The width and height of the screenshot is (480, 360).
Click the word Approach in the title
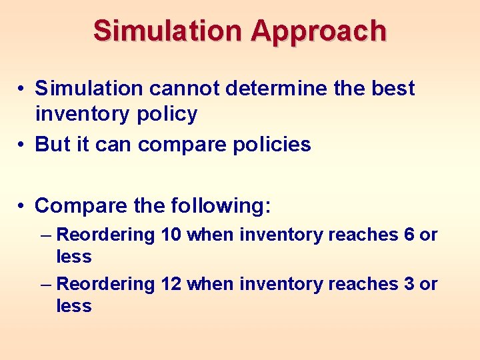(x=319, y=31)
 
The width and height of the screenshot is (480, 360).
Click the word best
(x=393, y=88)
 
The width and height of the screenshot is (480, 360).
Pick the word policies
(x=271, y=144)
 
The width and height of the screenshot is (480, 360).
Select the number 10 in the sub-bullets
(x=171, y=235)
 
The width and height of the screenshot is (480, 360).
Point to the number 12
(x=171, y=284)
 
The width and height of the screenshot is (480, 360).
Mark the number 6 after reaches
(x=409, y=235)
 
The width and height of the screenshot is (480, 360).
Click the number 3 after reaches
(x=409, y=284)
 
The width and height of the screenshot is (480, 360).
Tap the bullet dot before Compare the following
(x=22, y=206)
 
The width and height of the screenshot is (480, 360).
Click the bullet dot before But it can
(x=22, y=145)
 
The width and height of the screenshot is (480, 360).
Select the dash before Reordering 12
(x=45, y=285)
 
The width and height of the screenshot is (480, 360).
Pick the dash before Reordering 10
(x=45, y=235)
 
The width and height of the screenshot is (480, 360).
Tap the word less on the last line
(x=74, y=306)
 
